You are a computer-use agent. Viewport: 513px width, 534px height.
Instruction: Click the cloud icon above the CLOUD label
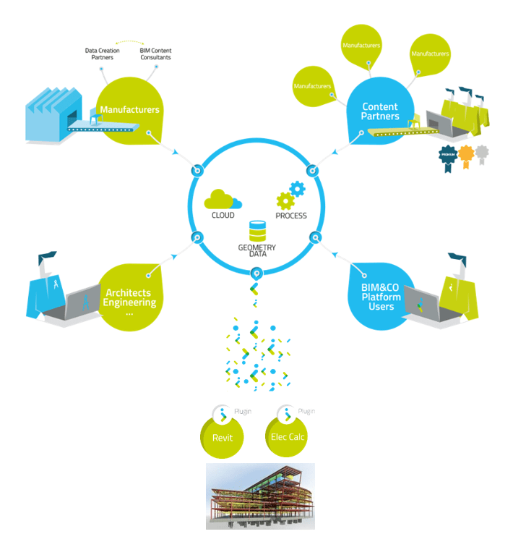click(222, 199)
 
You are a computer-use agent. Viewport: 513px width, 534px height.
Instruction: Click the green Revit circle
click(221, 437)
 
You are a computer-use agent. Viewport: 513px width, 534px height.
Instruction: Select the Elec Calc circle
click(288, 437)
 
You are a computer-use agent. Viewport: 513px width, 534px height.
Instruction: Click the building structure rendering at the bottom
click(260, 496)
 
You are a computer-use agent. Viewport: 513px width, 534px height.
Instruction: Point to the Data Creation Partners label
click(102, 54)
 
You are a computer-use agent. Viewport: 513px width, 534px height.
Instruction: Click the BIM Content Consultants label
click(155, 54)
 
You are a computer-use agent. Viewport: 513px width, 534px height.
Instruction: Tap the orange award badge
click(467, 153)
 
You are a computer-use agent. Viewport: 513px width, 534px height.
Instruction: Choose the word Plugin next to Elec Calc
click(306, 411)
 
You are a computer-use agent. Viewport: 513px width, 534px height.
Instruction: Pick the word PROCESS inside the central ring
click(291, 216)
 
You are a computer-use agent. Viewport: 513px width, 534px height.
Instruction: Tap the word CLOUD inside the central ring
click(222, 216)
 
